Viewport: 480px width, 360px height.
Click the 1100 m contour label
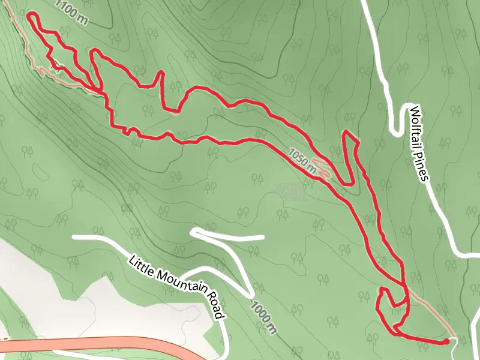click(74, 11)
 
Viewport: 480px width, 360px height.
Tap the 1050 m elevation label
click(302, 160)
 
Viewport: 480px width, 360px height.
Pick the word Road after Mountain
click(215, 304)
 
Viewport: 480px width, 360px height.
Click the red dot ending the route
click(446, 341)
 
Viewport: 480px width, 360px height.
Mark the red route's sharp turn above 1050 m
click(346, 132)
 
